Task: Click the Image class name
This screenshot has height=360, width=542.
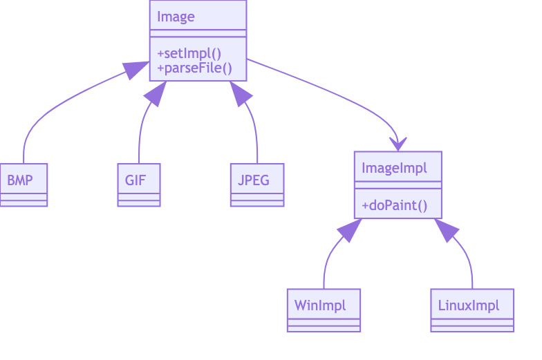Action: click(x=176, y=16)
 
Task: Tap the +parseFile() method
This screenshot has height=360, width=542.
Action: click(x=194, y=68)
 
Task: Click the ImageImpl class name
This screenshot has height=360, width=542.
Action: click(x=394, y=167)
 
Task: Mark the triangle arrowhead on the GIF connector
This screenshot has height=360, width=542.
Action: click(x=156, y=94)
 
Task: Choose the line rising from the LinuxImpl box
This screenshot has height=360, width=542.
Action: click(x=470, y=266)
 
